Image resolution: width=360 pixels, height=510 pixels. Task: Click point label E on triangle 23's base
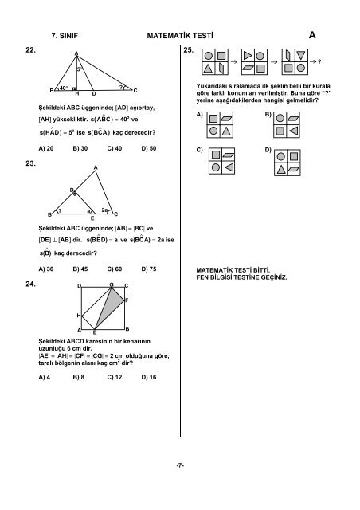click(x=92, y=218)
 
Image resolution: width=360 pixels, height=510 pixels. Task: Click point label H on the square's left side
click(x=78, y=316)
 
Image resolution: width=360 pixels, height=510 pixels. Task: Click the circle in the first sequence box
click(x=209, y=57)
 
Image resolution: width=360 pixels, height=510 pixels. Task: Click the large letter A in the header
click(x=311, y=36)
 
